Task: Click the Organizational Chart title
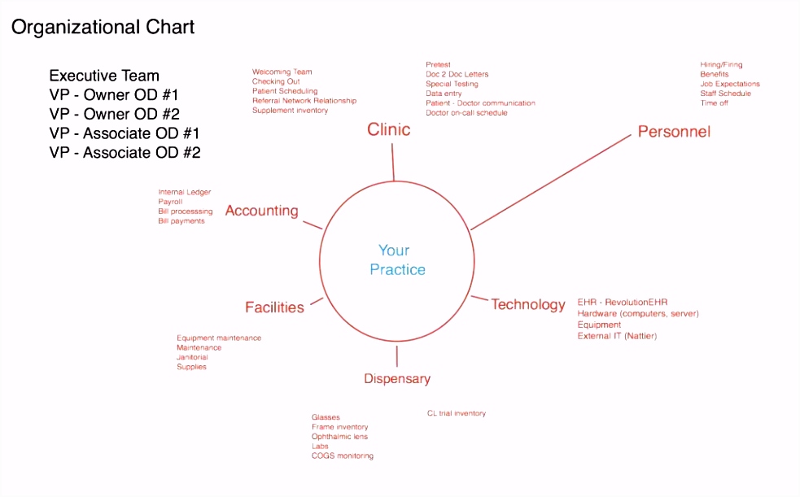click(x=103, y=28)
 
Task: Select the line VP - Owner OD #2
click(x=114, y=114)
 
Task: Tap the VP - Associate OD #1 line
click(x=124, y=133)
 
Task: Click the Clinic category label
click(x=389, y=129)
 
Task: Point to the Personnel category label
click(x=674, y=132)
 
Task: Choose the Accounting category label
click(x=262, y=211)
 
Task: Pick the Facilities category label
click(x=274, y=307)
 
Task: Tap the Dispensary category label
click(x=397, y=379)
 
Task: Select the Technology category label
click(x=528, y=305)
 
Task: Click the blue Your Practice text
click(x=397, y=260)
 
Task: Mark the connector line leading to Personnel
click(x=550, y=182)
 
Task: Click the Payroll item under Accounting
click(x=170, y=202)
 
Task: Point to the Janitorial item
click(x=192, y=357)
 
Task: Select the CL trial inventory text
click(x=456, y=413)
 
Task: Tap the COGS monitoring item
click(x=343, y=456)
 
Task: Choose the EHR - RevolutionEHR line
click(x=623, y=303)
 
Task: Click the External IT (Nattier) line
click(x=617, y=336)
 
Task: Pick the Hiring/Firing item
click(x=721, y=65)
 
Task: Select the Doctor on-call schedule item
click(x=466, y=112)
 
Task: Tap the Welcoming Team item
click(x=282, y=72)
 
